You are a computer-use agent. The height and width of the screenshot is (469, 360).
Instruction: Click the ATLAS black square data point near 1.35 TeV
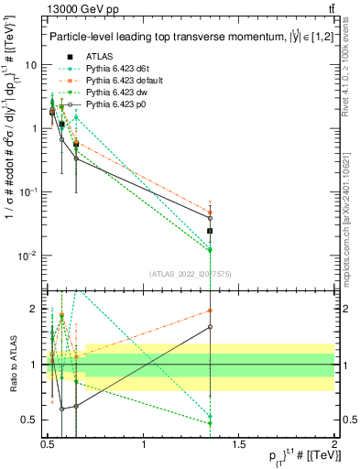coord(211,231)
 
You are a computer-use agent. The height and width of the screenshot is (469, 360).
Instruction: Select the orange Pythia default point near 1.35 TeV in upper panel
coord(211,212)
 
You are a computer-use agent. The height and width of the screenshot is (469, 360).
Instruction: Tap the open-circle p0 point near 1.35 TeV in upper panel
coord(211,218)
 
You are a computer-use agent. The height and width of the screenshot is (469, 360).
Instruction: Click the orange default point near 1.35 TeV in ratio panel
coord(211,310)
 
